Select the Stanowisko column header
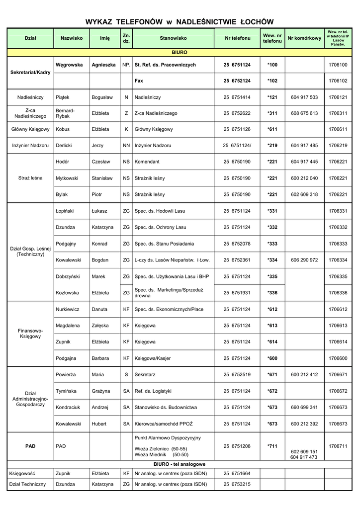coord(173,38)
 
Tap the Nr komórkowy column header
coord(304,38)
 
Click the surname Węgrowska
coord(69,65)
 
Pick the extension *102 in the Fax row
coord(272,81)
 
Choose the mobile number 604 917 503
coord(304,97)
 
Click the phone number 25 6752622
coord(237,113)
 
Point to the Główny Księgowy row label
coord(30,129)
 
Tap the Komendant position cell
coord(147,162)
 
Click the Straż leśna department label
coord(30,178)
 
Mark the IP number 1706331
coord(338,211)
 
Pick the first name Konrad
coord(100,244)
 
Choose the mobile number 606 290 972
coord(304,260)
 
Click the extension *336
coord(272,293)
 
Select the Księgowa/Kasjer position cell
coord(154,358)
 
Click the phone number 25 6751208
coord(237,446)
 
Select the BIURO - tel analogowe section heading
coord(180,464)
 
